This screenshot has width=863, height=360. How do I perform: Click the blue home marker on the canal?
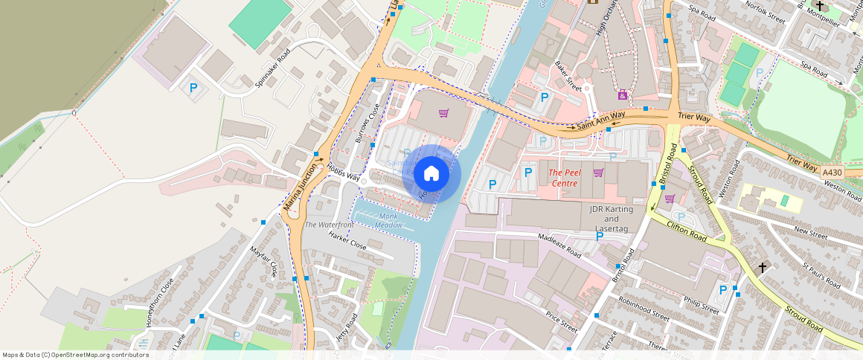coord(431,174)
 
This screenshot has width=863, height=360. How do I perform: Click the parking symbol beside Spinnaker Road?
coord(193,88)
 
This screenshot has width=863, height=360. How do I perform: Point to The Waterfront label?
coord(329,225)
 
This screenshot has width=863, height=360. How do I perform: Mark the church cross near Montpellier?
coord(820,6)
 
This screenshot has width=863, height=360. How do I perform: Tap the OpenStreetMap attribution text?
coord(75,355)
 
